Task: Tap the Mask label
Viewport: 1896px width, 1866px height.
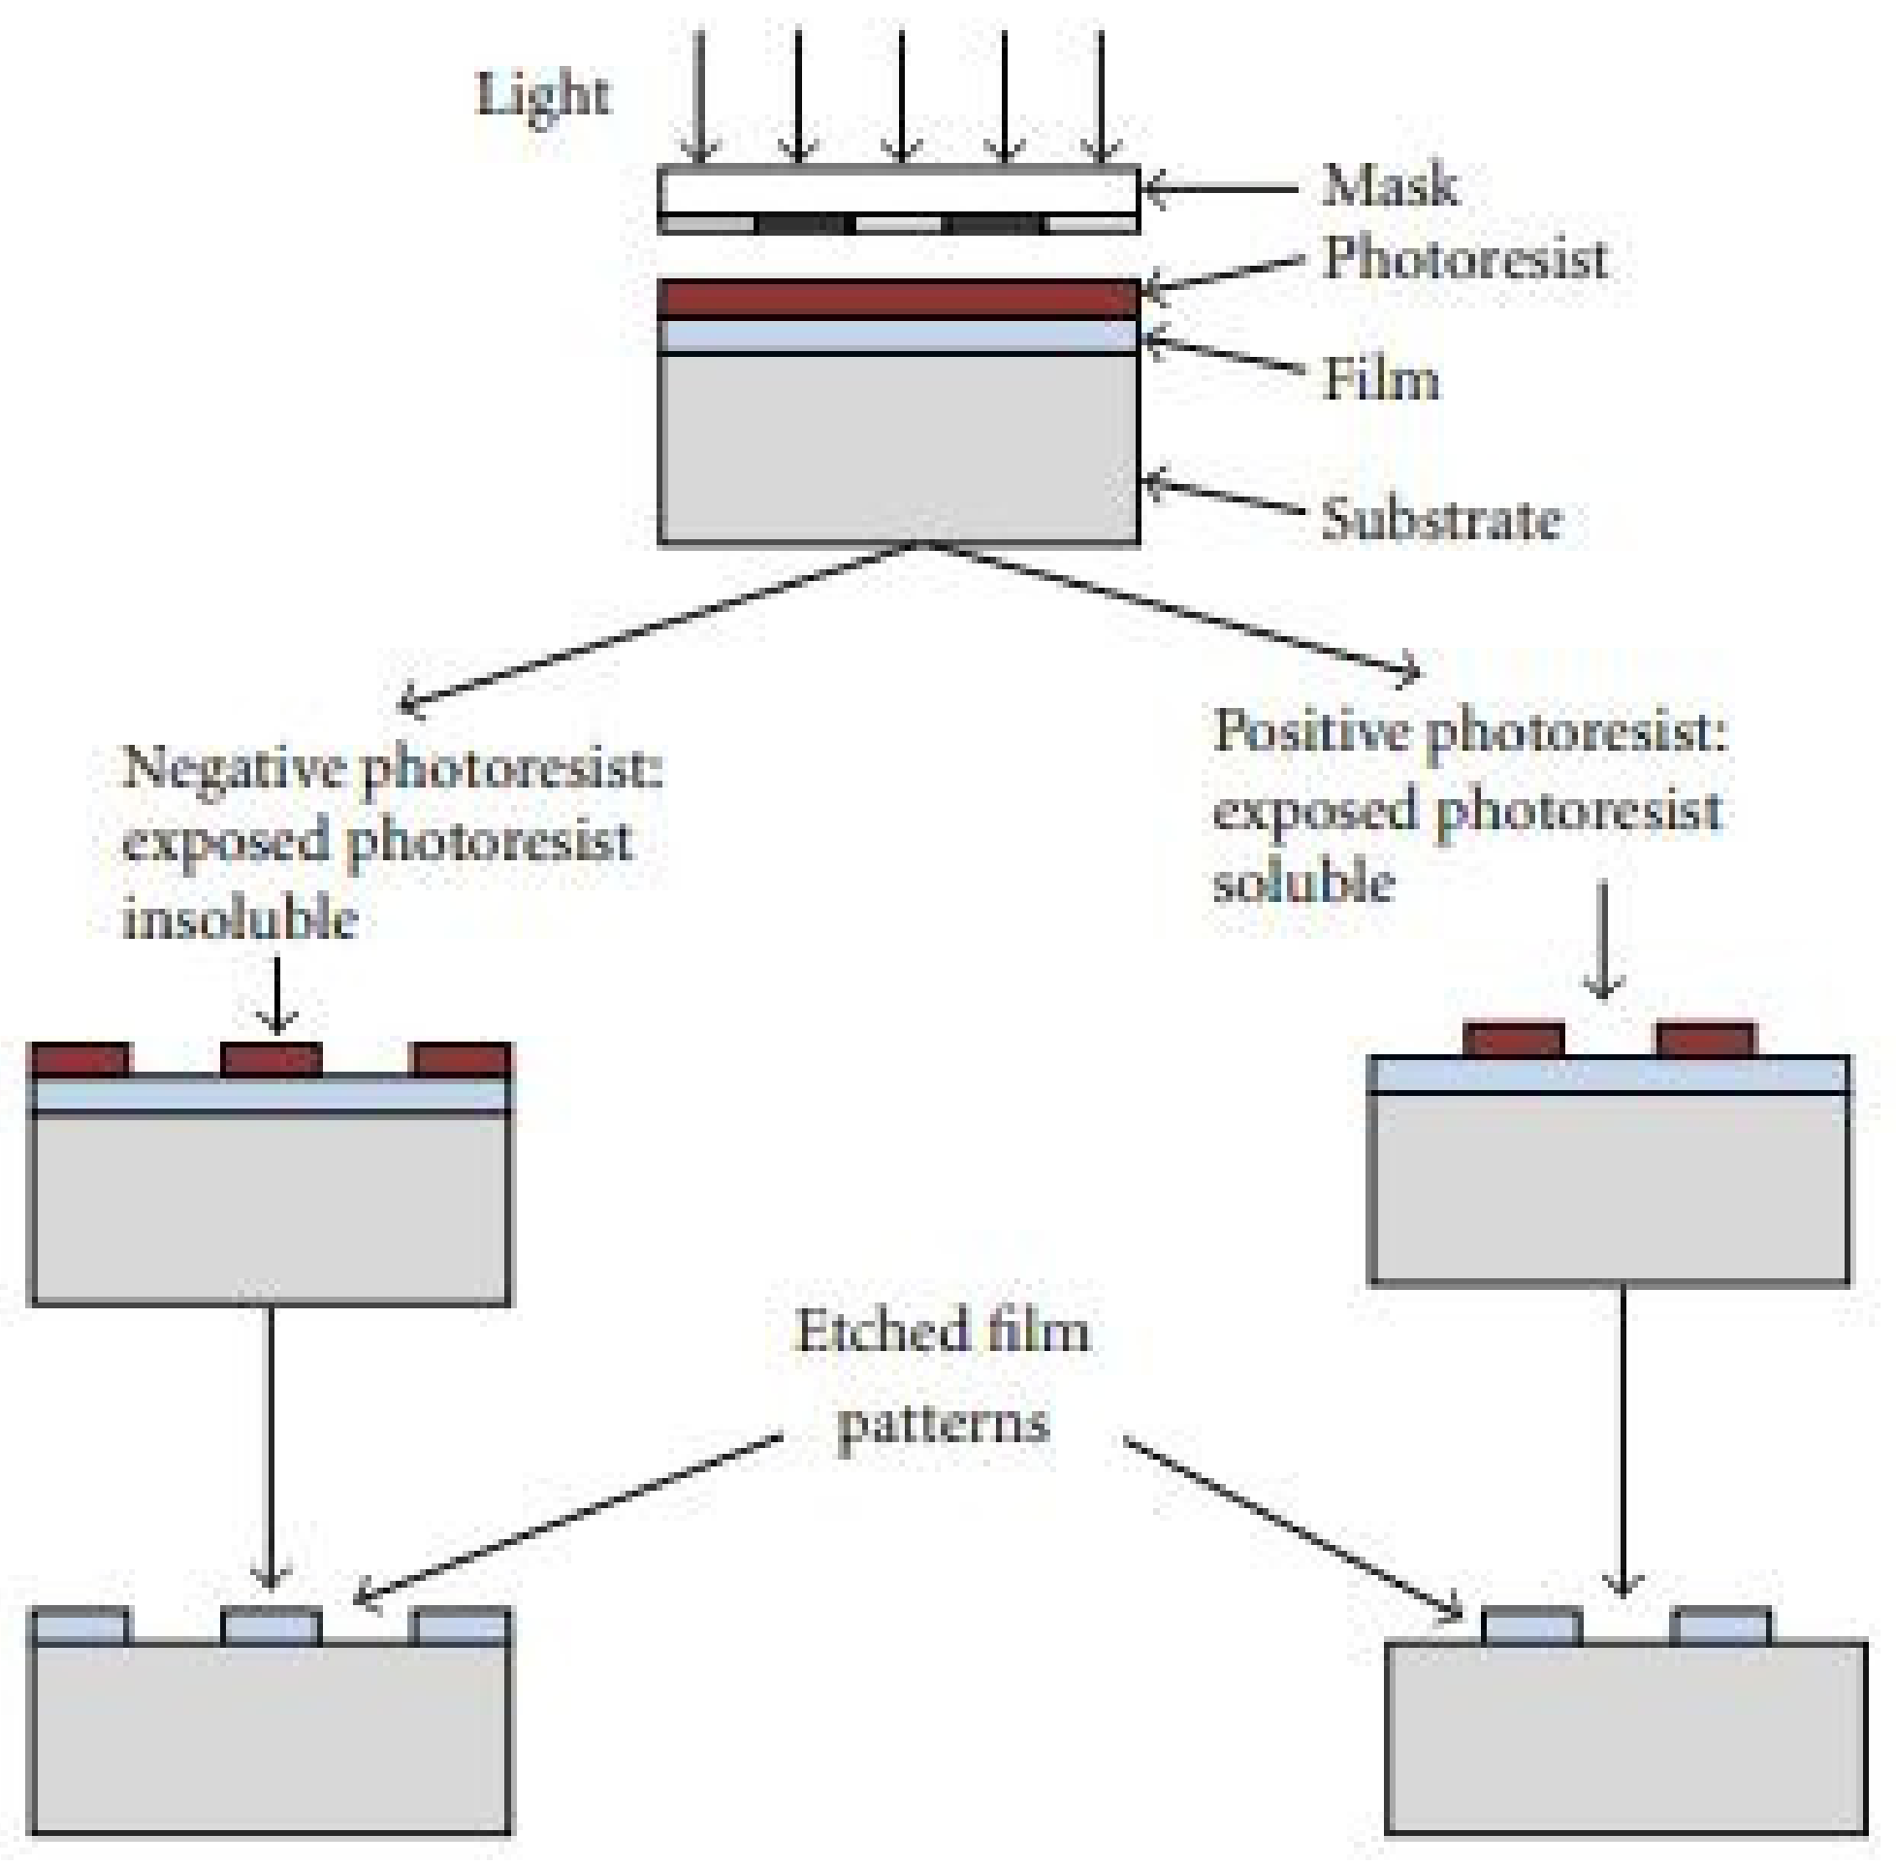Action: [1389, 186]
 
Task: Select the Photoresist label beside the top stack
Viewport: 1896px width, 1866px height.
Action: [1463, 261]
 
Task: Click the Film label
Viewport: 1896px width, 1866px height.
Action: [1381, 380]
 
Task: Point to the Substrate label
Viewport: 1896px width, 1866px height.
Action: [1439, 520]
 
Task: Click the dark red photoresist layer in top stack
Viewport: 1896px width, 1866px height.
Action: [898, 299]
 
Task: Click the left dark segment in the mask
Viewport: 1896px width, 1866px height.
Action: [799, 224]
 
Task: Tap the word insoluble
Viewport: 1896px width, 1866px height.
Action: [240, 919]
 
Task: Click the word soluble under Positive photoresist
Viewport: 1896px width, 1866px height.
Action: [1302, 882]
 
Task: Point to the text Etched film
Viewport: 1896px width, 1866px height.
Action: [941, 1332]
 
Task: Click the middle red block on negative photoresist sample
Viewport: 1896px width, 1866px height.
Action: [272, 1060]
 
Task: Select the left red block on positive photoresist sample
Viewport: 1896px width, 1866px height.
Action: [1512, 1040]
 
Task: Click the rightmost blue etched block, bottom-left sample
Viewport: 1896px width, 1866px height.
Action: [462, 1626]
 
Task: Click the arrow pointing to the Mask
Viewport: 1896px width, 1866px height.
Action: [1220, 189]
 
